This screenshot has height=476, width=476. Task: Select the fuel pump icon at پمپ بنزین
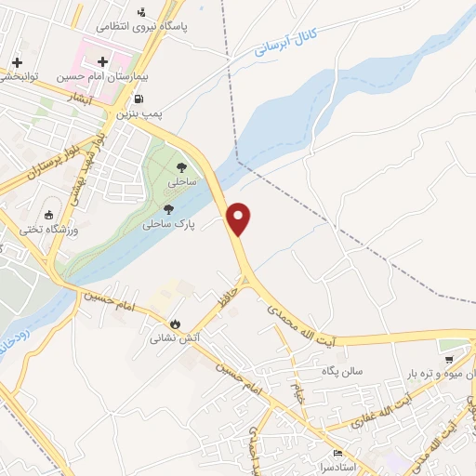[139, 99]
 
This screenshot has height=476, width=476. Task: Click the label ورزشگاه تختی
[48, 230]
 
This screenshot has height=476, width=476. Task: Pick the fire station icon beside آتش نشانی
[174, 323]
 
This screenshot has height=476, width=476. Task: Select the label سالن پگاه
[342, 371]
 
